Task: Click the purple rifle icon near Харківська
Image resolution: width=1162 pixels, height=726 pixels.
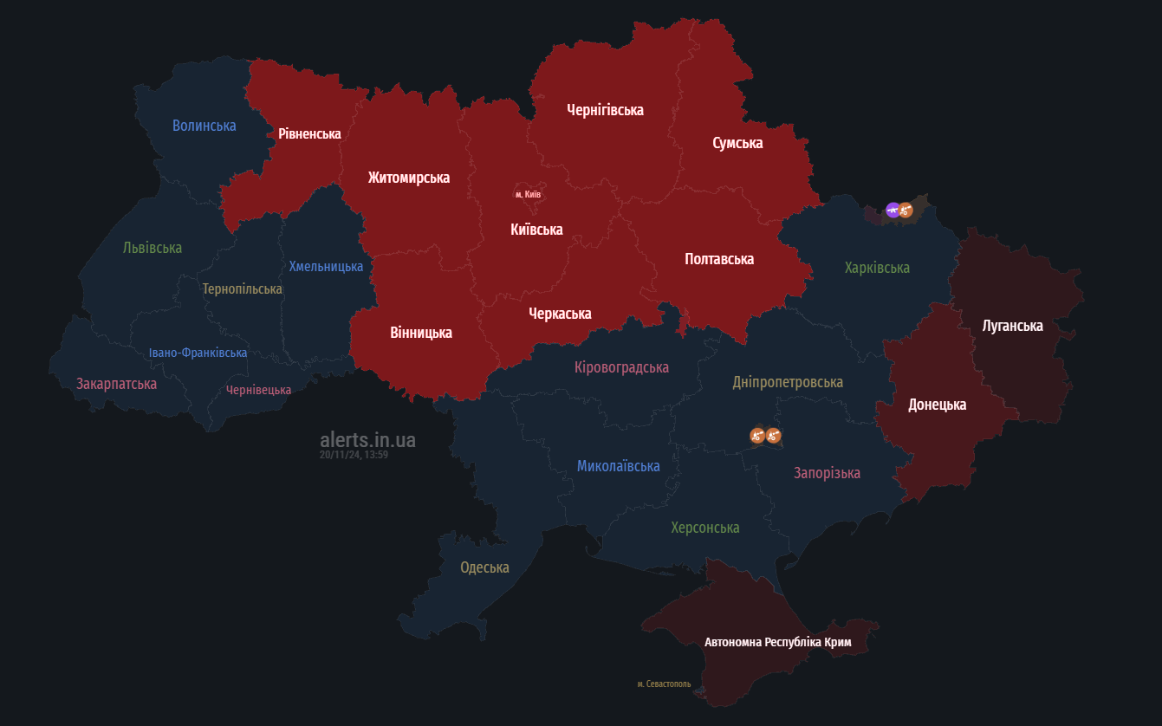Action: pyautogui.click(x=893, y=209)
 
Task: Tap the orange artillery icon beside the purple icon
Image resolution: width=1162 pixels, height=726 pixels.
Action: pyautogui.click(x=906, y=210)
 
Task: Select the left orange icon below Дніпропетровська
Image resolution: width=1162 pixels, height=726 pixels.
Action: pyautogui.click(x=757, y=435)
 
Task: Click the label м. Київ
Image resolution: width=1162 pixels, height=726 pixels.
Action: pyautogui.click(x=528, y=194)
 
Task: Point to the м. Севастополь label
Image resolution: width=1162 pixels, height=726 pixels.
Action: pyautogui.click(x=664, y=684)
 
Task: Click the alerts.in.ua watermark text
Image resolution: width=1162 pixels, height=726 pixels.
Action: pyautogui.click(x=367, y=439)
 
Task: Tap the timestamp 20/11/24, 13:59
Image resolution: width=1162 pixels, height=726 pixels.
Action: pyautogui.click(x=354, y=455)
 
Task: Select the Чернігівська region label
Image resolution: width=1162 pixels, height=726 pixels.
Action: pyautogui.click(x=605, y=110)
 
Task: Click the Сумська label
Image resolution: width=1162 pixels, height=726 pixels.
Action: pyautogui.click(x=737, y=143)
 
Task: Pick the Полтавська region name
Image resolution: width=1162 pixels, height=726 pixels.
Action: pyautogui.click(x=719, y=259)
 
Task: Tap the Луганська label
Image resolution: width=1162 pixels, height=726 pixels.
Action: pyautogui.click(x=1012, y=326)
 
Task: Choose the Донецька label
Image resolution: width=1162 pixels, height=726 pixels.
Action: pyautogui.click(x=937, y=405)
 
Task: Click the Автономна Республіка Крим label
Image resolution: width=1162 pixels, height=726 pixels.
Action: pyautogui.click(x=777, y=643)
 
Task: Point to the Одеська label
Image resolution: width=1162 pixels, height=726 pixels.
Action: pyautogui.click(x=484, y=567)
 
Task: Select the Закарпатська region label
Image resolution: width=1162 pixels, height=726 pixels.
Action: pyautogui.click(x=116, y=383)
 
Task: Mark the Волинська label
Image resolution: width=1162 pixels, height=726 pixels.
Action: pyautogui.click(x=204, y=126)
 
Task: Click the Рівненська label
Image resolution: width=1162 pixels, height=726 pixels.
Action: pyautogui.click(x=309, y=133)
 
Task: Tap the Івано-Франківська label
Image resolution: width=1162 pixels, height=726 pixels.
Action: pyautogui.click(x=198, y=353)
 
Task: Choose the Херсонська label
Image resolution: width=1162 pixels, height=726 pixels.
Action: pyautogui.click(x=704, y=528)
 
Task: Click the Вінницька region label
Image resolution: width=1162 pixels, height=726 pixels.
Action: pyautogui.click(x=421, y=333)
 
